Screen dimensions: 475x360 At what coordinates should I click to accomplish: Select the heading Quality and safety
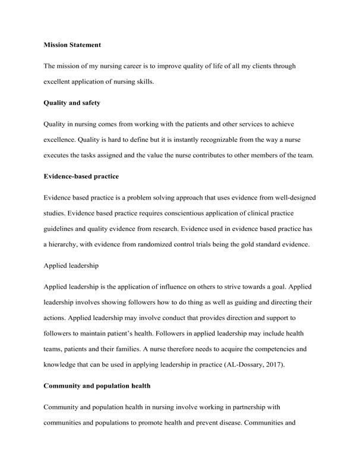pos(72,102)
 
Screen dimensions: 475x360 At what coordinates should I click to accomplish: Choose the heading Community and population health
pos(97,386)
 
